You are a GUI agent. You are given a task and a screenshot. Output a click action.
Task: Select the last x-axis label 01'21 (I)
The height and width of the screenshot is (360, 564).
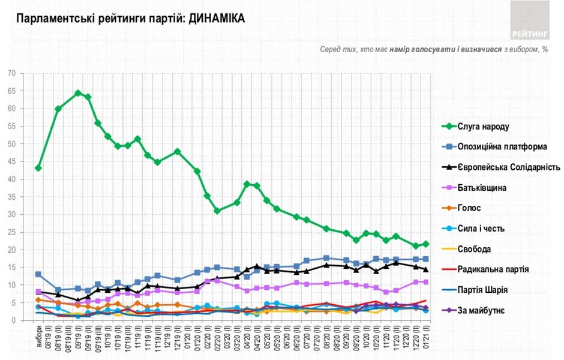[426, 337]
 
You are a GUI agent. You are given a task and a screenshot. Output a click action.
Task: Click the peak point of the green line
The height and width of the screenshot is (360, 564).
[78, 93]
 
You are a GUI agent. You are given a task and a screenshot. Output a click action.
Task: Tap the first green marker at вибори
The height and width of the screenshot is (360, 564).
[38, 168]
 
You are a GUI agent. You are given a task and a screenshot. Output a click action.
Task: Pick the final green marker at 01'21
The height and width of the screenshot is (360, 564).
[425, 244]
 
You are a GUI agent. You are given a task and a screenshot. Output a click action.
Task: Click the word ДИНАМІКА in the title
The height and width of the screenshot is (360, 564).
[217, 19]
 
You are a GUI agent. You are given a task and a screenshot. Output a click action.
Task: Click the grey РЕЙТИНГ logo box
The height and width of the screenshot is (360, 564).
[529, 21]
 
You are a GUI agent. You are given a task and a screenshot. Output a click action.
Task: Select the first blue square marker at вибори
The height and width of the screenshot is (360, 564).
[38, 274]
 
